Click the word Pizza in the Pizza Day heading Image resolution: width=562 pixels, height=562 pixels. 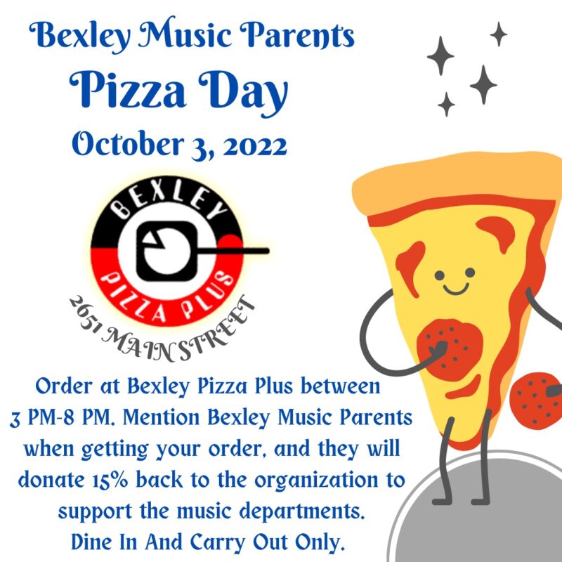[x=128, y=90]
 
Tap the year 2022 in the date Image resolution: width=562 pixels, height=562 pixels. [x=255, y=145]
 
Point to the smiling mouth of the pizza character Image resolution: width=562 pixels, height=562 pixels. [x=455, y=288]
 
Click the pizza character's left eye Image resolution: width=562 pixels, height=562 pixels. [x=440, y=275]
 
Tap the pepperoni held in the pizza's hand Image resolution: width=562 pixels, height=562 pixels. [x=450, y=349]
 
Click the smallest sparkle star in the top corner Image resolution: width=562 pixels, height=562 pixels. [x=498, y=34]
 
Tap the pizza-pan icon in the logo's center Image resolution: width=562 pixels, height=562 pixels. [x=167, y=251]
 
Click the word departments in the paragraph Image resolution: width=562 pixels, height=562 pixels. [x=302, y=511]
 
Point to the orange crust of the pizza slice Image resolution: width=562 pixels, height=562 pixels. [x=455, y=179]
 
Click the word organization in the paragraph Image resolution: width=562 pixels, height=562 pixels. [x=316, y=481]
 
